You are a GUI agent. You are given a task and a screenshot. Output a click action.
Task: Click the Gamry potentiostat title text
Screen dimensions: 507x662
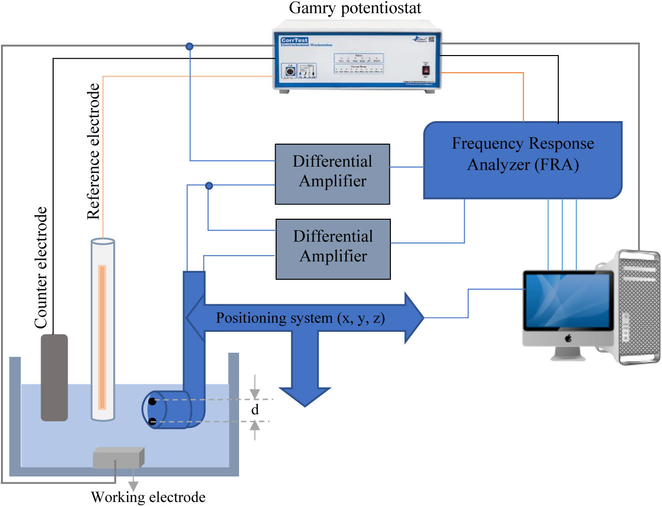point(355,8)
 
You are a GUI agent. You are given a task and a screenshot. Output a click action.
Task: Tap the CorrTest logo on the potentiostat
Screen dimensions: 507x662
point(294,40)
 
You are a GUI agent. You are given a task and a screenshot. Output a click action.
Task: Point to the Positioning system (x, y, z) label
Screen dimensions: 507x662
point(300,318)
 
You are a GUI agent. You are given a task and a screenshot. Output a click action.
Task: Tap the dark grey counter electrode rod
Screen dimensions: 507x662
point(54,377)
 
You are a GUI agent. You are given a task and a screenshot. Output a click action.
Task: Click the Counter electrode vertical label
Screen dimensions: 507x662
point(41,268)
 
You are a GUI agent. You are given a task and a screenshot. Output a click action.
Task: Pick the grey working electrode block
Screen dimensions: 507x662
point(118,457)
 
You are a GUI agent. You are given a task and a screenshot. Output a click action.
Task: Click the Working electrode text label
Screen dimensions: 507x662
point(148,497)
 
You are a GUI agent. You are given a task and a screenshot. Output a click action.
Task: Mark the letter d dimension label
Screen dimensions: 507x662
point(255,410)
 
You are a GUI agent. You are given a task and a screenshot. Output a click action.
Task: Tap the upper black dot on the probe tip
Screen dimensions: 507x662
point(152,401)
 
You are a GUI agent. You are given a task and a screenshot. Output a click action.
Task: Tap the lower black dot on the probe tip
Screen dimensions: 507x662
point(152,421)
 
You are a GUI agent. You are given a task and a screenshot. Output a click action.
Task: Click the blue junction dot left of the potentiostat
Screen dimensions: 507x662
point(189,47)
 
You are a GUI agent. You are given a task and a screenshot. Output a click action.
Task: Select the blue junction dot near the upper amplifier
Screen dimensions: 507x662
point(209,186)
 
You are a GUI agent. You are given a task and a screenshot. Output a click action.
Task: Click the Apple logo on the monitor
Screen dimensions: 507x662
point(568,338)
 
